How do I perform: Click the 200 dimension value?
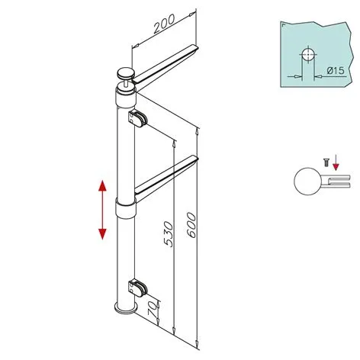(162, 27)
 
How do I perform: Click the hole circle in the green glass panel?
(307, 55)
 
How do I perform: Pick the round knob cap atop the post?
(124, 74)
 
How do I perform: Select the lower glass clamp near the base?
(138, 288)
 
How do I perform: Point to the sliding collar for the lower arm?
(124, 208)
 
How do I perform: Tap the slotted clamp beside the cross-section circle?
(336, 182)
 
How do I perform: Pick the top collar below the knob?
(124, 98)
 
